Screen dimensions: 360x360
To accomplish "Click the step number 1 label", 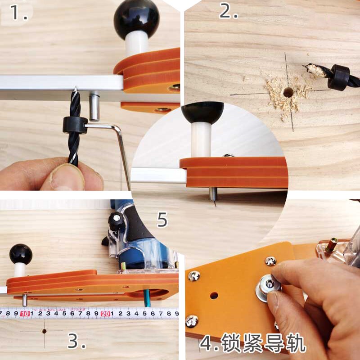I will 18,13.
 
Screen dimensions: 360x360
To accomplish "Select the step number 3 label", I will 76,342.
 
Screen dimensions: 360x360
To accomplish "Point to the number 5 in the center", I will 162,220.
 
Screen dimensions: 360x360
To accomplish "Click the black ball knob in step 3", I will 21,254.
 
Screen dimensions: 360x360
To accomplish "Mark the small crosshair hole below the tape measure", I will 44,331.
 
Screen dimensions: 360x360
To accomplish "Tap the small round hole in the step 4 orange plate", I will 213,296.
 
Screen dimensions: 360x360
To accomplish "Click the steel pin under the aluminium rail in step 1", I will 94,107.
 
